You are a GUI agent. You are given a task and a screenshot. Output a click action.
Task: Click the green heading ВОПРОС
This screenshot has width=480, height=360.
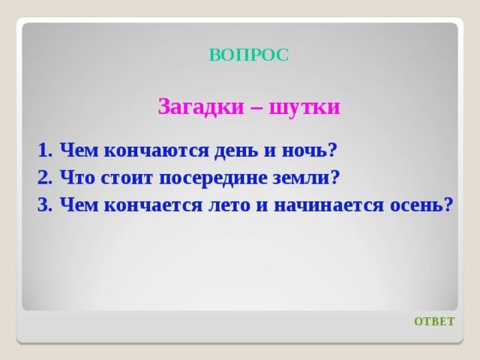pos(249,55)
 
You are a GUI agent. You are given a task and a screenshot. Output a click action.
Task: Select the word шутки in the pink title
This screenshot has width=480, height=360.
pos(304,107)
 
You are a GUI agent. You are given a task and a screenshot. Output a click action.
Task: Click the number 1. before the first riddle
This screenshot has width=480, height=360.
pos(45,150)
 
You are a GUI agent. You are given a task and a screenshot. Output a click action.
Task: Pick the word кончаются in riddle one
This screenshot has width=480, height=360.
pos(157,151)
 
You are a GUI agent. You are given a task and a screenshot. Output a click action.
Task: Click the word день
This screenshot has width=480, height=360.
pos(236,151)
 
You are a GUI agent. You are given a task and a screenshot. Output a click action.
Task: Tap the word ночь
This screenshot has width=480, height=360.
pos(309,150)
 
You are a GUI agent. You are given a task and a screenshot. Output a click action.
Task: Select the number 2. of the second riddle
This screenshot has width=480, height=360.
pos(45,177)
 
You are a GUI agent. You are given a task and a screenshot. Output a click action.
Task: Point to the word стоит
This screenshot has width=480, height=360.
pos(127,177)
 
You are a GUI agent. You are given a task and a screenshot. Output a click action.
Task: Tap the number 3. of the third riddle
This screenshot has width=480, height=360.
pos(45,205)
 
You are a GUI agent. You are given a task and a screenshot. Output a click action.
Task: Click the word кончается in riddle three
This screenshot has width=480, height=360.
pos(153,205)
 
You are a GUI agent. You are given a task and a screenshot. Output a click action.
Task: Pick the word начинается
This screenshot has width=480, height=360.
pos(328,205)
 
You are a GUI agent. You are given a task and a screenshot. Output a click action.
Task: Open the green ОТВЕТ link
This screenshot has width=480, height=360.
pos(434,322)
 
